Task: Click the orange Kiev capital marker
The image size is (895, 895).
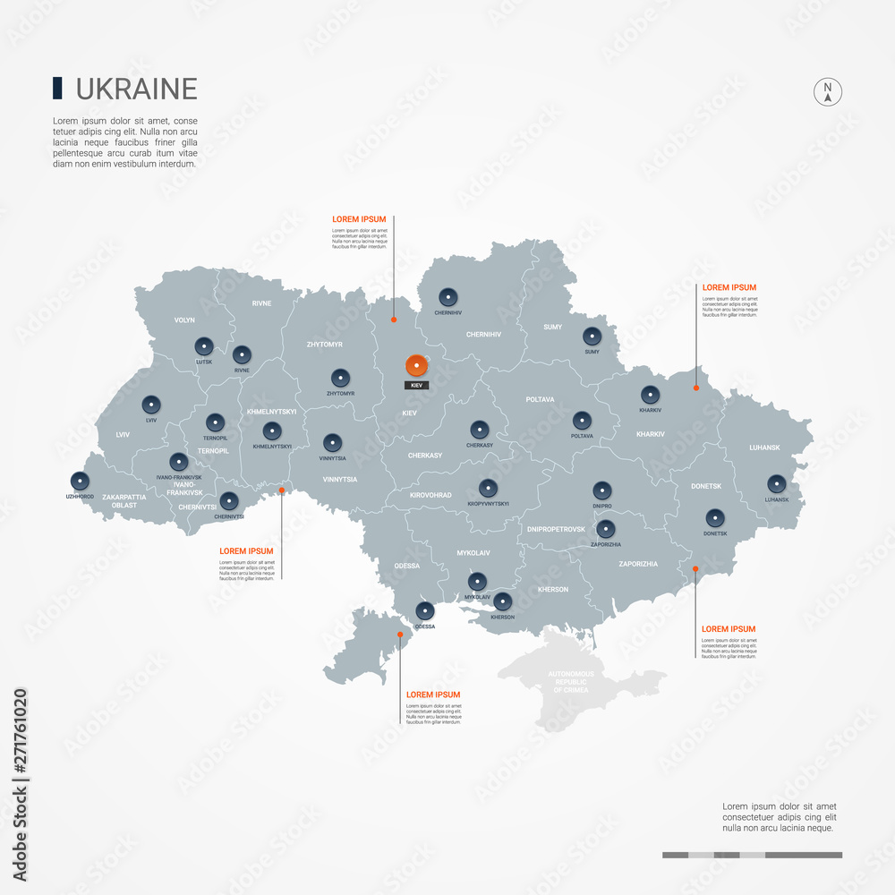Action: (x=416, y=366)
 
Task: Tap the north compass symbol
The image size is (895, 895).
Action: (x=828, y=91)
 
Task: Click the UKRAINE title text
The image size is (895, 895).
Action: (x=136, y=89)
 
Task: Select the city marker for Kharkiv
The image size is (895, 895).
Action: (x=649, y=394)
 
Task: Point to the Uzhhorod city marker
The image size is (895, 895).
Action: (x=80, y=481)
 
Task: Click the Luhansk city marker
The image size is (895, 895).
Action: (x=775, y=483)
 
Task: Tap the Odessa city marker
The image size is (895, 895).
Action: (x=425, y=611)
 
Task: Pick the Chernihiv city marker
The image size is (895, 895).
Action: (x=447, y=297)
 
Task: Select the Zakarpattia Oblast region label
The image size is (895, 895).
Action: (x=119, y=500)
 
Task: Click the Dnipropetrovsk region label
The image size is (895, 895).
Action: (x=556, y=529)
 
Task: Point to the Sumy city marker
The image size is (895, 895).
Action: (x=592, y=337)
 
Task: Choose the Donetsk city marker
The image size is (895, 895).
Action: (x=714, y=517)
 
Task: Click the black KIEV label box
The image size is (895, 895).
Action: (x=415, y=385)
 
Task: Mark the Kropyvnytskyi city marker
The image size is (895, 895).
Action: (x=488, y=488)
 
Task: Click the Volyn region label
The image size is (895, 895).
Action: (x=184, y=320)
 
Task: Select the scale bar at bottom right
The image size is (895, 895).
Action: (x=752, y=855)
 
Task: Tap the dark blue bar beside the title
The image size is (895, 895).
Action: (x=57, y=88)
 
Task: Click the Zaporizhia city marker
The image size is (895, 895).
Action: (x=606, y=528)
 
